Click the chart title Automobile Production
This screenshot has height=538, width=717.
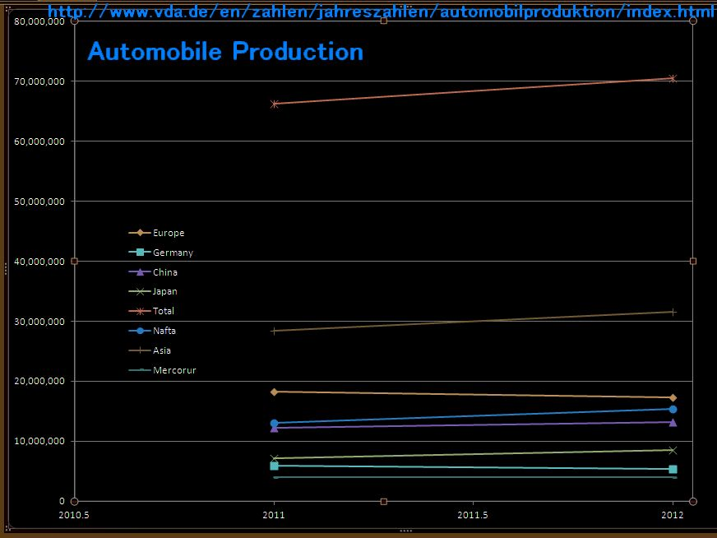[x=225, y=52]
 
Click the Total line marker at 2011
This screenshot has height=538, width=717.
[x=275, y=104]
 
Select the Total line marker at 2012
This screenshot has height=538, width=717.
[x=673, y=78]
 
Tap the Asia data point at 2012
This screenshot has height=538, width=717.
[x=673, y=312]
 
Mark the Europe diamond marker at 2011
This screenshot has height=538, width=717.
[x=275, y=392]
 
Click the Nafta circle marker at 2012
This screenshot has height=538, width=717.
[x=673, y=409]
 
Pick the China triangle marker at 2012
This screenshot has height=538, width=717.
[x=673, y=422]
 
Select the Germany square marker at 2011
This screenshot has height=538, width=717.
[x=275, y=466]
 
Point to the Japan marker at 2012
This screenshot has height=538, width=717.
[x=673, y=450]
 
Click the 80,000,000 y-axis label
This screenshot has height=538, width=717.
[x=39, y=21]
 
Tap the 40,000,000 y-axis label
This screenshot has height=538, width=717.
[x=39, y=262]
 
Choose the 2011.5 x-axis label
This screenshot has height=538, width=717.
[x=473, y=516]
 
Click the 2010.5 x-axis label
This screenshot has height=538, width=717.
[x=74, y=516]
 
